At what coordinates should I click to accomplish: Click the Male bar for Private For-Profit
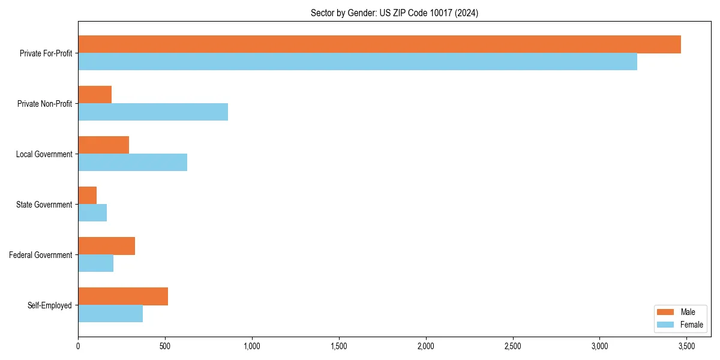tap(379, 44)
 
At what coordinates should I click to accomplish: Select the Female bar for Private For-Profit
tap(358, 62)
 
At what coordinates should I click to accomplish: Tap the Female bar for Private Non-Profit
tap(153, 112)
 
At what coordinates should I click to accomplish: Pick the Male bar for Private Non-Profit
tap(95, 95)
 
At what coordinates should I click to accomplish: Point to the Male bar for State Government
tap(88, 196)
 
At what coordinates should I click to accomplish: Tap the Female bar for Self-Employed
tap(110, 314)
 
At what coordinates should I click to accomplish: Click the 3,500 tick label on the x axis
tap(686, 346)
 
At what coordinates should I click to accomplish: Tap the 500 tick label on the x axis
tap(165, 346)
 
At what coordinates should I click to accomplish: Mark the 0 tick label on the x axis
tap(78, 346)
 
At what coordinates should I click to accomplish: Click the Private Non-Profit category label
tap(44, 104)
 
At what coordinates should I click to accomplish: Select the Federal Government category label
tap(41, 255)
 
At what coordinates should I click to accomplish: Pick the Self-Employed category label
tap(50, 305)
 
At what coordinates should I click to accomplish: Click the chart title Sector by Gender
tap(394, 13)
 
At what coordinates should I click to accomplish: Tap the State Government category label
tap(44, 205)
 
